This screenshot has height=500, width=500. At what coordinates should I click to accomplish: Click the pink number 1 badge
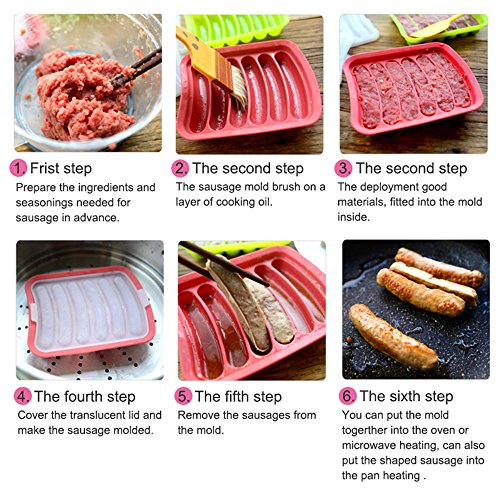(18, 168)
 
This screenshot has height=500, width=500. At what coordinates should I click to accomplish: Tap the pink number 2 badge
(180, 168)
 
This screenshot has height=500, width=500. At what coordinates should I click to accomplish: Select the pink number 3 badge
(343, 168)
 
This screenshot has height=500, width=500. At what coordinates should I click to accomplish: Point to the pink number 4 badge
(23, 397)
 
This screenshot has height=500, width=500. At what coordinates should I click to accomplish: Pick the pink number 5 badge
(183, 397)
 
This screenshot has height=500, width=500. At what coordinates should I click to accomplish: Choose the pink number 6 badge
(348, 396)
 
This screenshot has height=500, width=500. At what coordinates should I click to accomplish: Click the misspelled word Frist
(44, 168)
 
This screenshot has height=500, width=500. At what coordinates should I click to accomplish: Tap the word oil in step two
(264, 202)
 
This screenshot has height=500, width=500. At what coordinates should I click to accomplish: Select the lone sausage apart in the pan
(393, 337)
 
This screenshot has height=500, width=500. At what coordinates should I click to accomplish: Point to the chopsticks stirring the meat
(137, 68)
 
